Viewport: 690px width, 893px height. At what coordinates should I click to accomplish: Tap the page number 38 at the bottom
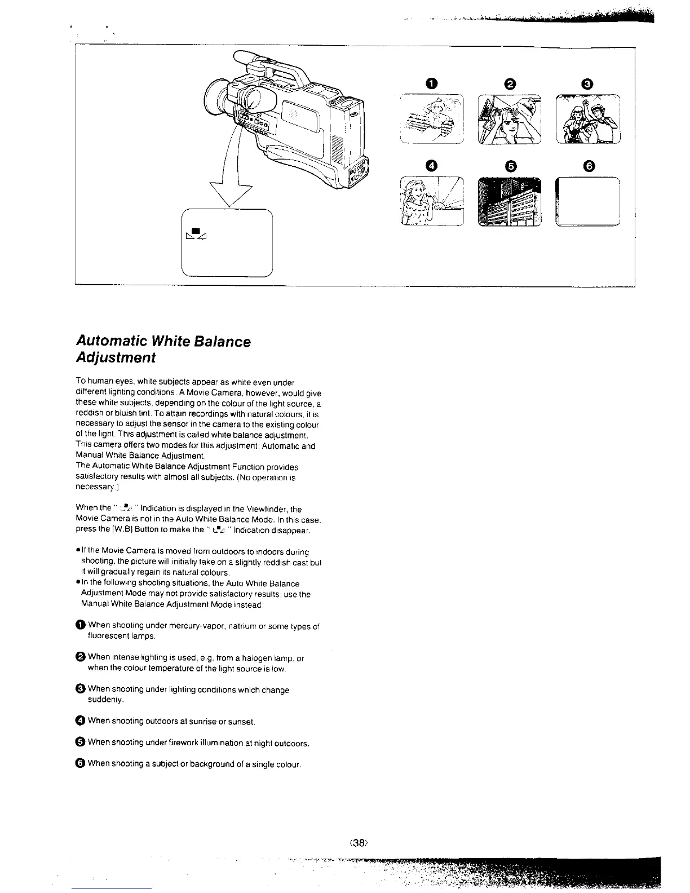coord(359,843)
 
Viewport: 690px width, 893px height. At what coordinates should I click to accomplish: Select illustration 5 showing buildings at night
coord(509,202)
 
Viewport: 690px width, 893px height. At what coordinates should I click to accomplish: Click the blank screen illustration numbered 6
coord(587,202)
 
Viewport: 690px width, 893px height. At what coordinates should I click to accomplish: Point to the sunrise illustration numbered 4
coord(431,202)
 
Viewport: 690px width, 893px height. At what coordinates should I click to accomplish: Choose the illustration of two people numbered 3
coord(588,119)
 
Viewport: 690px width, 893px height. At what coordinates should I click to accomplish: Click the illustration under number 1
coord(431,119)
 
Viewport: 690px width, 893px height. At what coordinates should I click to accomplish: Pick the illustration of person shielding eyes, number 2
coord(509,119)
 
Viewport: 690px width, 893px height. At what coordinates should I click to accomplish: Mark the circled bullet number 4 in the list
coord(81,721)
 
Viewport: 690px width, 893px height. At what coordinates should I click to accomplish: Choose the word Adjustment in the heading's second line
coord(116,358)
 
